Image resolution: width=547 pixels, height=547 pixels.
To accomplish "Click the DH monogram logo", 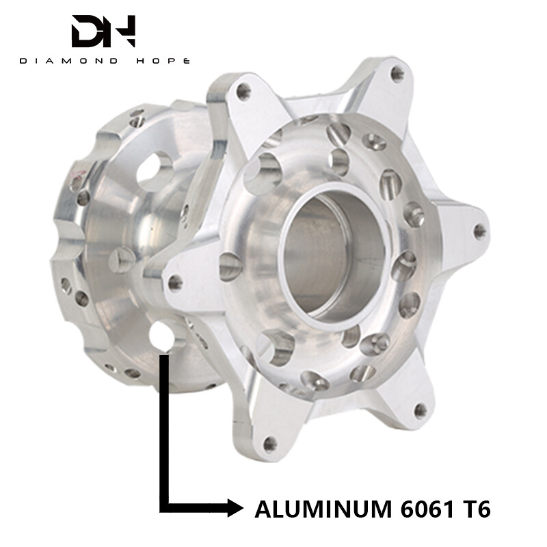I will (104, 31).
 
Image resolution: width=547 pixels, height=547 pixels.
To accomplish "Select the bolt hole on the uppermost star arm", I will (397, 75).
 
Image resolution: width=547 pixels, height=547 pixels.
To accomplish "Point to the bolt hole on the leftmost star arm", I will (176, 281).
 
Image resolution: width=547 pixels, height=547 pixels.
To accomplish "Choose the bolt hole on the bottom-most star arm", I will (269, 443).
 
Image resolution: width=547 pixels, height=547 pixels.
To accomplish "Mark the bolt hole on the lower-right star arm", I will (421, 410).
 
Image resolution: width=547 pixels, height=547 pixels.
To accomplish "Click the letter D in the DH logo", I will (88, 31).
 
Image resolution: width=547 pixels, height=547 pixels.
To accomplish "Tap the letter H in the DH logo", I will (122, 31).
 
